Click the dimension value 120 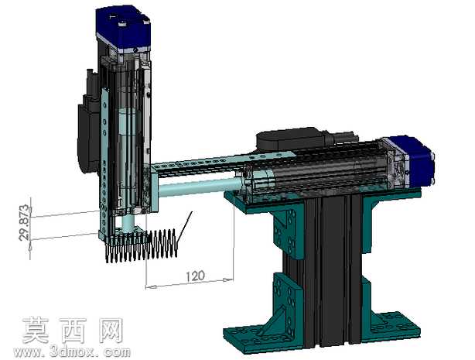196,276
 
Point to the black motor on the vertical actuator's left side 88,128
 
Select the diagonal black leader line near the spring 184,228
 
